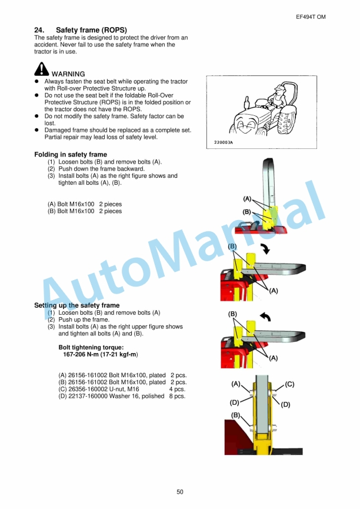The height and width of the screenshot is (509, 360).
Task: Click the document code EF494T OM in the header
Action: [x=311, y=17]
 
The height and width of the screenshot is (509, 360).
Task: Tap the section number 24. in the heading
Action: [x=41, y=30]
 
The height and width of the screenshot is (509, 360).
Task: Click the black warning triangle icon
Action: [x=42, y=69]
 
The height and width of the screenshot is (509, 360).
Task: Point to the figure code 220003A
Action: [x=220, y=142]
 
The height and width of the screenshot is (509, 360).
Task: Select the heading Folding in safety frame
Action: [x=71, y=155]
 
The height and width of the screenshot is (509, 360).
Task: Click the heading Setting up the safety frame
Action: [x=76, y=305]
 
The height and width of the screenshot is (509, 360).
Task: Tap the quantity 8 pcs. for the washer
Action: [x=177, y=396]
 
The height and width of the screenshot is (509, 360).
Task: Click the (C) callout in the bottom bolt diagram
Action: [x=289, y=385]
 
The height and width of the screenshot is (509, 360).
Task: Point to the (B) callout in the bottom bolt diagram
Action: [x=236, y=415]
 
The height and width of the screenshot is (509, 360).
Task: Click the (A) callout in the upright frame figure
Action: [x=248, y=199]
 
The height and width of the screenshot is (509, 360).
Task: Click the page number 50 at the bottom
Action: [x=179, y=491]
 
